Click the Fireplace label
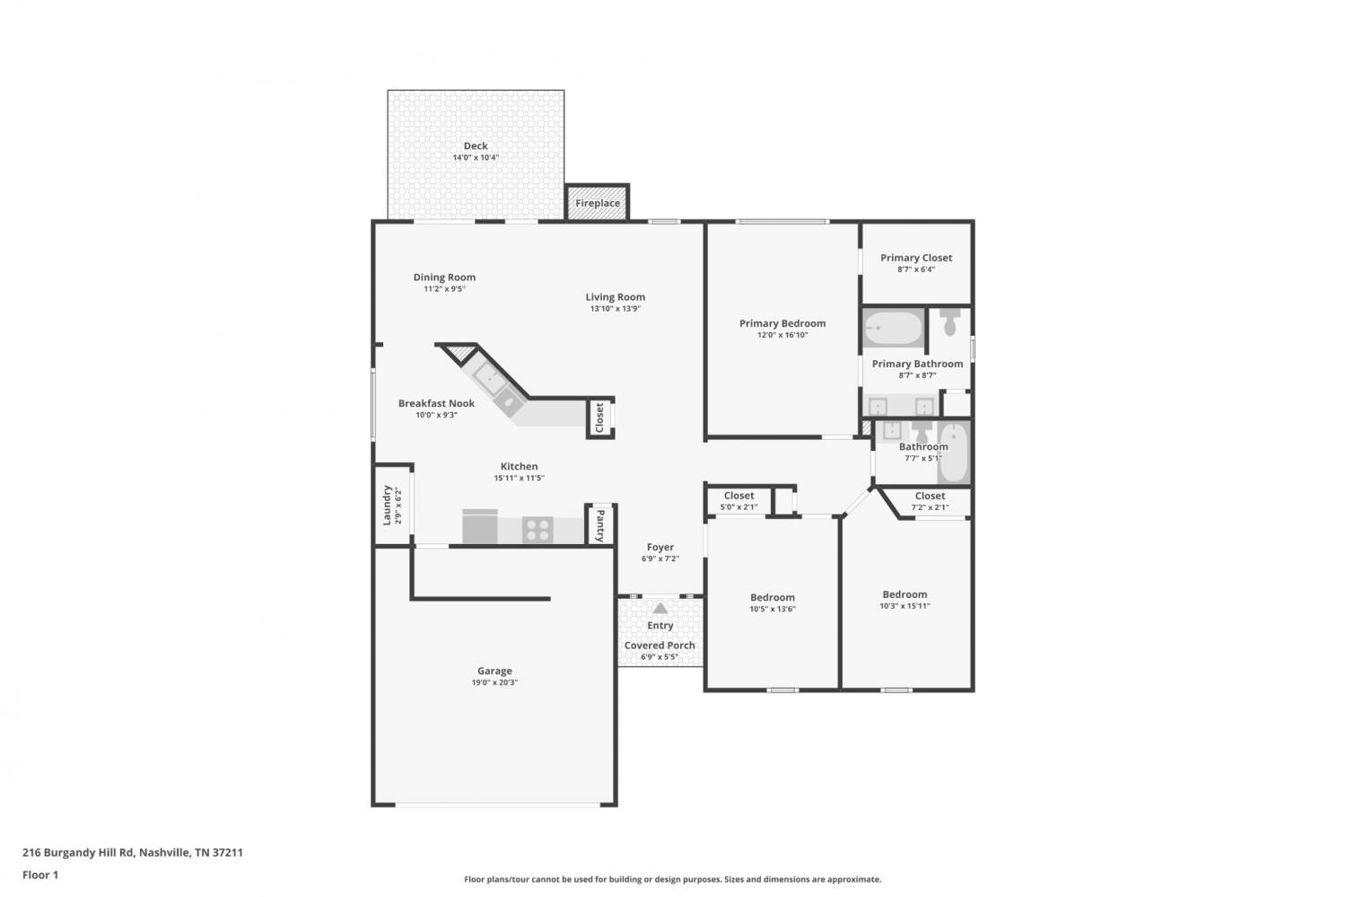click(598, 203)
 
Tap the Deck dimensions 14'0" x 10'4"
click(476, 157)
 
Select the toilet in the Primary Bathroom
click(949, 322)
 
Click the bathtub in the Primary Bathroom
click(893, 329)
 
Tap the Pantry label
click(600, 525)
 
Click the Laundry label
click(387, 505)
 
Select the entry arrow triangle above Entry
click(660, 609)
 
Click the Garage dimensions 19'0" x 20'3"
click(494, 682)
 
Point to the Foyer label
click(660, 547)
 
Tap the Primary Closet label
click(916, 258)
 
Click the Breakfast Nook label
click(436, 403)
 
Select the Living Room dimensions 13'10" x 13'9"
click(616, 309)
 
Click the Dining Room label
click(444, 277)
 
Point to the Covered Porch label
click(660, 645)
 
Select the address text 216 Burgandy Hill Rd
click(78, 852)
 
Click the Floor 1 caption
click(40, 875)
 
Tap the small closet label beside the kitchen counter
click(599, 418)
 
